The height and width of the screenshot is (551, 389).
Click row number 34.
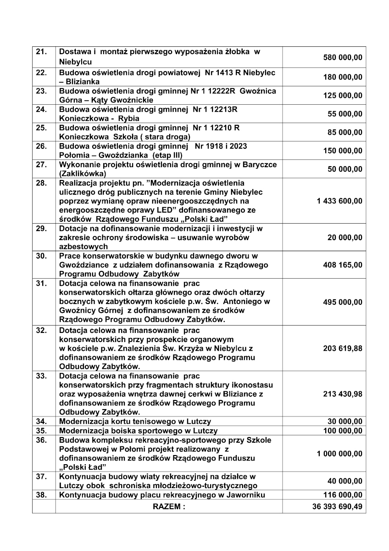point(42,422)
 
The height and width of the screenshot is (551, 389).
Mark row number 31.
point(42,284)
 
